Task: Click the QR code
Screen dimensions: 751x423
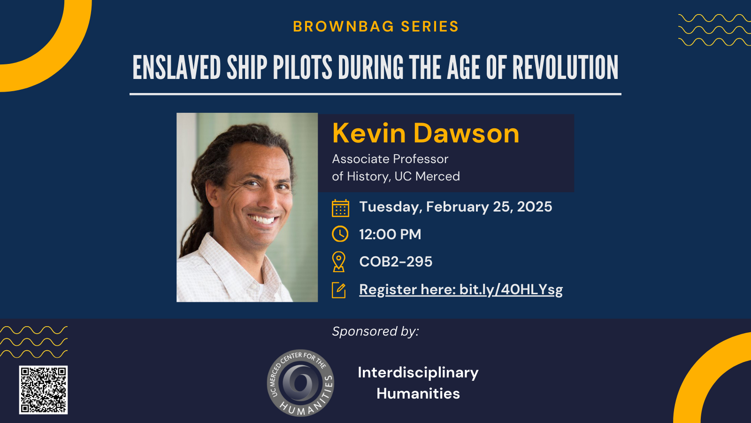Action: click(x=43, y=390)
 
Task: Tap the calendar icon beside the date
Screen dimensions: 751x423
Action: click(x=340, y=208)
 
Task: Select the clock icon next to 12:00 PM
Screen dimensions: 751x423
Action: click(x=340, y=234)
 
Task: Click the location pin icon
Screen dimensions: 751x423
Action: click(x=338, y=261)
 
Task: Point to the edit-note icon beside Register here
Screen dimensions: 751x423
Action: click(x=338, y=290)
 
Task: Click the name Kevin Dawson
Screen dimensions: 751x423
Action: click(x=425, y=133)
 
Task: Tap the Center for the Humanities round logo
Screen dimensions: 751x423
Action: click(x=300, y=383)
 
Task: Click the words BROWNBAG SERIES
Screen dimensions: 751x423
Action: click(x=376, y=26)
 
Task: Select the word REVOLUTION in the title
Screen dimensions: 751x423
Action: click(x=565, y=68)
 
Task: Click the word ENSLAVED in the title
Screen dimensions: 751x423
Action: click(x=176, y=68)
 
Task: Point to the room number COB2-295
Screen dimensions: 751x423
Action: click(x=396, y=261)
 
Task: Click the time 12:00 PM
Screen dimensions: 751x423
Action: click(x=390, y=235)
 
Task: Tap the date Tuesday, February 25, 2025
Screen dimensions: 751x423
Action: click(x=456, y=207)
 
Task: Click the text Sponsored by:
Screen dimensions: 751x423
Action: click(x=375, y=332)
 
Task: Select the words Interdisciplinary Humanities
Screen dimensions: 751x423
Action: click(x=418, y=383)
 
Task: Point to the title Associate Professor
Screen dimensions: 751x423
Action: click(x=390, y=159)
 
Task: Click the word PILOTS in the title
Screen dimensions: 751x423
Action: click(x=302, y=68)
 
